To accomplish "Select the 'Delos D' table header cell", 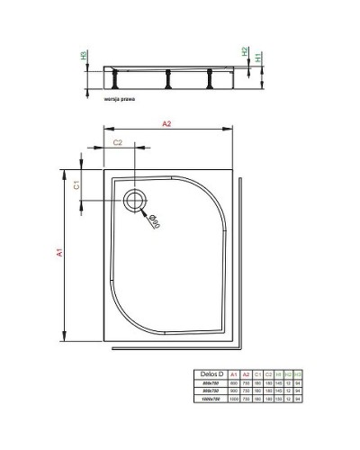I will coord(208,373).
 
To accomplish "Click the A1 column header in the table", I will coord(232,373).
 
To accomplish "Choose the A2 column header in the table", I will coord(246,373).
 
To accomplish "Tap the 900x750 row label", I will coord(209,391).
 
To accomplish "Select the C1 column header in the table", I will coord(259,373).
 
